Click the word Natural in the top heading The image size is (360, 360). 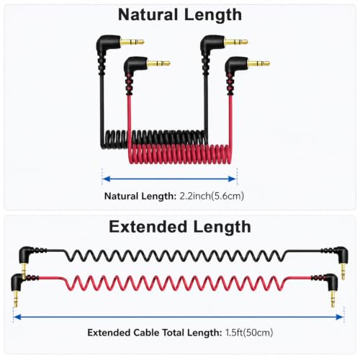pos(148,15)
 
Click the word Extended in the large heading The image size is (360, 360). pos(148,227)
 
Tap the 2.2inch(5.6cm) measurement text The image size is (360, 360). pos(212,196)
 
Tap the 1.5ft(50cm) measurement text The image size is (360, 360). pos(249,333)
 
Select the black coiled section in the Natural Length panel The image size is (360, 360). pos(153,138)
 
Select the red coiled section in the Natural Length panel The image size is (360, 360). pos(180,154)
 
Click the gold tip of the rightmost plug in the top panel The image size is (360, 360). pos(258,64)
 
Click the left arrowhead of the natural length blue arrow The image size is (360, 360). pos(107,179)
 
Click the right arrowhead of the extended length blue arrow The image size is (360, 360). pos(340,318)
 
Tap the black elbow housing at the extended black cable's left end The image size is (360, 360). pos(25,254)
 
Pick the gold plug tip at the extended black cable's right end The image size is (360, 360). pos(343,271)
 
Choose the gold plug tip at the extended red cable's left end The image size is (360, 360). pos(16,298)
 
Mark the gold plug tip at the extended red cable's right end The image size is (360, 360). pos(333,298)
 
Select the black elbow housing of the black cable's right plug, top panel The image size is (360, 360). pos(211,45)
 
